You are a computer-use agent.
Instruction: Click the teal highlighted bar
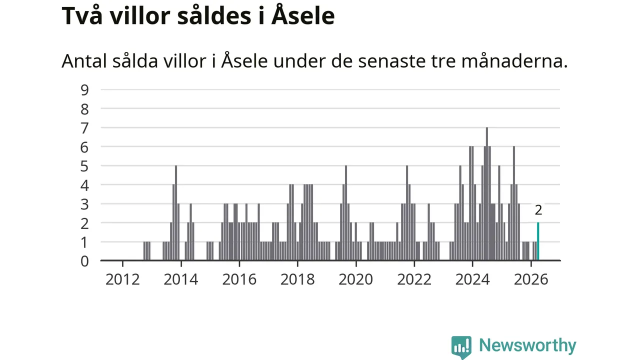[x=538, y=241]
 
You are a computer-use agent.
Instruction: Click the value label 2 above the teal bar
[x=538, y=210]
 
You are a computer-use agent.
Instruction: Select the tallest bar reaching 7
[x=487, y=194]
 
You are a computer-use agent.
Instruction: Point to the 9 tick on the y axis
[x=85, y=90]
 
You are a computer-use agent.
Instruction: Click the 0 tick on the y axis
[x=84, y=261]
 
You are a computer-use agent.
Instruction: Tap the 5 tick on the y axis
[x=84, y=166]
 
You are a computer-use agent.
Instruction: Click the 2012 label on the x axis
[x=122, y=279]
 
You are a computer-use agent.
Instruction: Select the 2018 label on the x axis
[x=297, y=279]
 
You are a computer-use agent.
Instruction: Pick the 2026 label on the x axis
[x=531, y=279]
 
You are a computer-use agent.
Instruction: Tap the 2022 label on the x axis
[x=414, y=279]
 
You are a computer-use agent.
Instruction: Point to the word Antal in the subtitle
[x=84, y=61]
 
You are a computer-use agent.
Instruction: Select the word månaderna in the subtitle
[x=514, y=60]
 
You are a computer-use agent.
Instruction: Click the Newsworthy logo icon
[x=461, y=347]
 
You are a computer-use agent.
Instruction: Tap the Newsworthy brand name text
[x=527, y=345]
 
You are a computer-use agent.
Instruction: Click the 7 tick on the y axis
[x=84, y=128]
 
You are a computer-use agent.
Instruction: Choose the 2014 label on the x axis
[x=181, y=279]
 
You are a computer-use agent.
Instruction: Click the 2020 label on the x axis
[x=355, y=279]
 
